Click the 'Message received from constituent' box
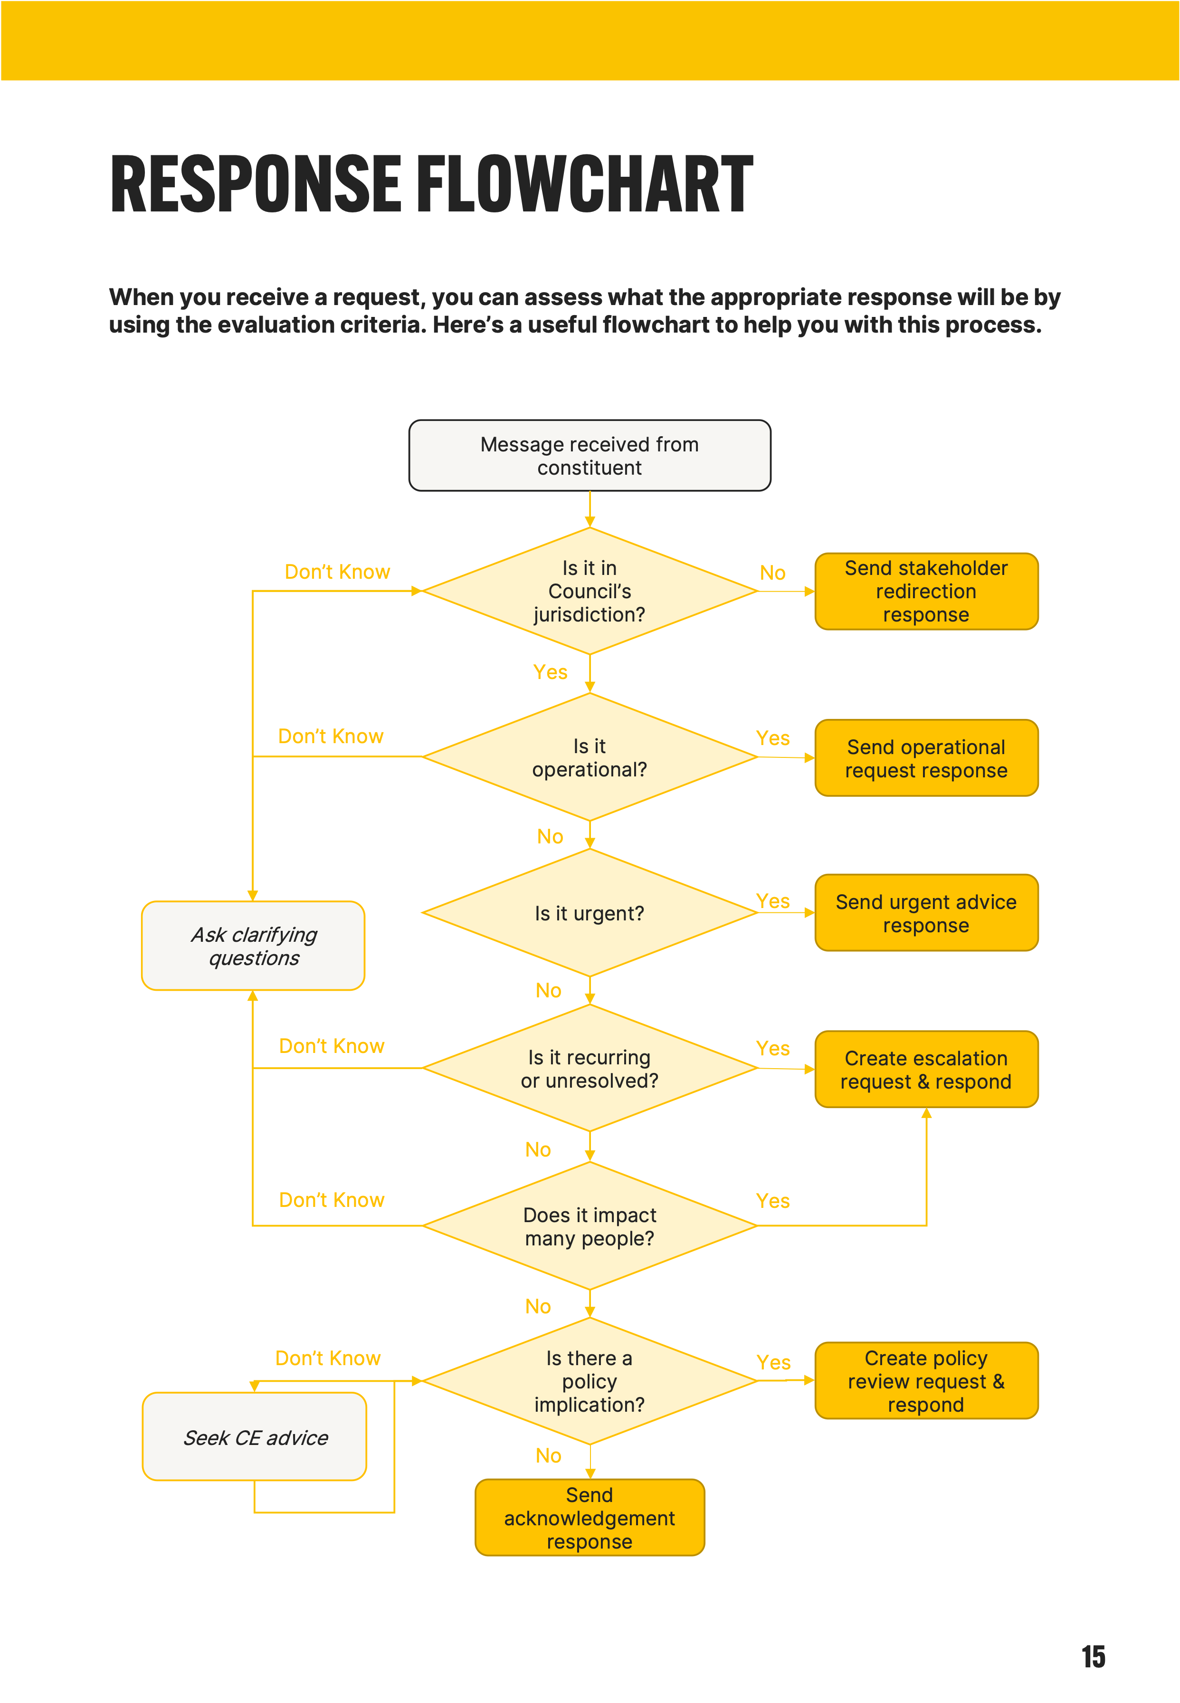(589, 456)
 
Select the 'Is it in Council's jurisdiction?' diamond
(589, 591)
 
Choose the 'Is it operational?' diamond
(589, 757)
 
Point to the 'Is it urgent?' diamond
(589, 913)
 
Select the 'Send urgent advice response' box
(926, 913)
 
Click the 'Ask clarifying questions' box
(253, 946)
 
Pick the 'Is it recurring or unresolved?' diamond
(589, 1069)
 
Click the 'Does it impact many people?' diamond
(589, 1226)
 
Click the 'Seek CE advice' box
(254, 1437)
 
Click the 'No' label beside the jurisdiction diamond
(772, 573)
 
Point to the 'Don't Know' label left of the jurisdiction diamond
(337, 572)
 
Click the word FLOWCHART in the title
(584, 184)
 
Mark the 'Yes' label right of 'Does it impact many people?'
(772, 1201)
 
